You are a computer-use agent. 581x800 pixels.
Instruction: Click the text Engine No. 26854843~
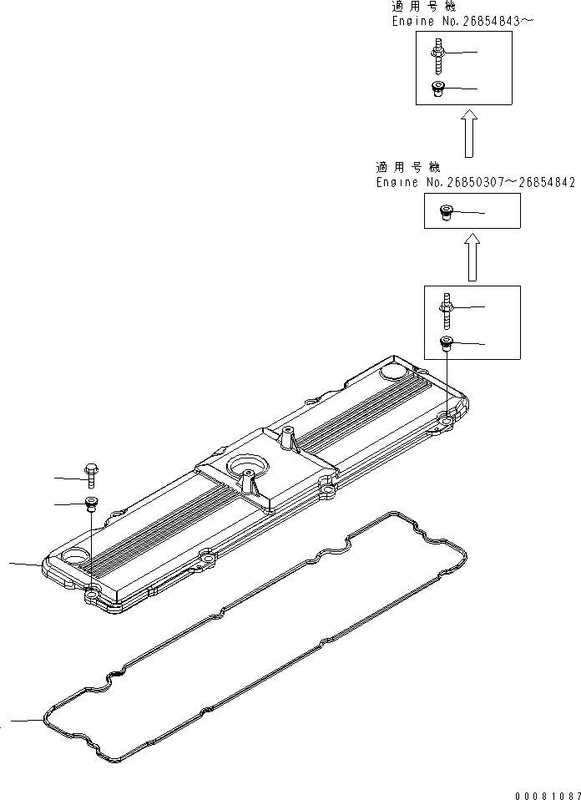point(462,22)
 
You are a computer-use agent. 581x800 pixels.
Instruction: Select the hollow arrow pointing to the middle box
point(472,257)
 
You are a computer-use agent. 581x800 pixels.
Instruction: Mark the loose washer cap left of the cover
point(89,503)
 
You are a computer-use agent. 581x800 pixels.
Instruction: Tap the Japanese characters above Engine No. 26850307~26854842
point(409,167)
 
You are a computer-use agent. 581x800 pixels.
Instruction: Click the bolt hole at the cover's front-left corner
point(92,595)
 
